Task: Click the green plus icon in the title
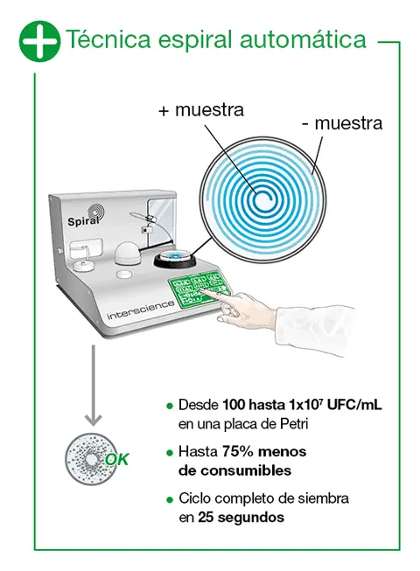tap(39, 41)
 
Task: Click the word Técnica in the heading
tap(108, 39)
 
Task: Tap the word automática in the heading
tap(303, 39)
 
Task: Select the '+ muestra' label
tap(201, 109)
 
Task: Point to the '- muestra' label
tap(342, 123)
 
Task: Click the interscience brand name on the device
tap(141, 310)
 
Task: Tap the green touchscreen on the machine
tap(199, 288)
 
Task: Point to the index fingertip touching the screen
tap(203, 289)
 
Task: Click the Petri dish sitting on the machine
tap(175, 257)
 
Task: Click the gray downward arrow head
tap(94, 420)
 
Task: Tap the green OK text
tap(117, 460)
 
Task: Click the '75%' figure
tap(238, 451)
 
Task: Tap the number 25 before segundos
tap(206, 517)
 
